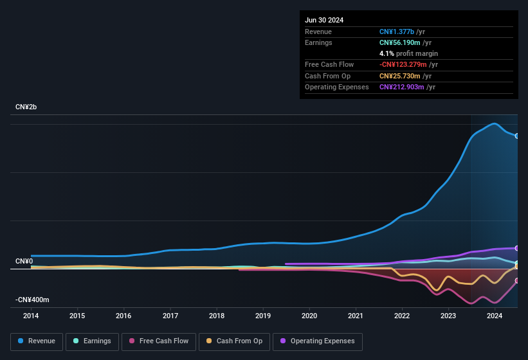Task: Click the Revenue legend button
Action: coord(37,341)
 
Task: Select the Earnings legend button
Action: coord(92,341)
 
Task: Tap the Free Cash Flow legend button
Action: coord(158,341)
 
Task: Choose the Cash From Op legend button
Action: coord(233,341)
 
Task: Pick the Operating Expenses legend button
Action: coord(318,341)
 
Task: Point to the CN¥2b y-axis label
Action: coord(26,107)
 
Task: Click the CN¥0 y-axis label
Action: coord(24,261)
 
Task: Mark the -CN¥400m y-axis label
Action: coord(33,300)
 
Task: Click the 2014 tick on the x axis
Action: coord(31,316)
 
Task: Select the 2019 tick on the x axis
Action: coord(263,316)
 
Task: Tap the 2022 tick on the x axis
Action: coord(402,316)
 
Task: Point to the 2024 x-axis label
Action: coord(495,316)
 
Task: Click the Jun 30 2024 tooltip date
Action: coord(324,20)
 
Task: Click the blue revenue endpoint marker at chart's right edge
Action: coord(517,136)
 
